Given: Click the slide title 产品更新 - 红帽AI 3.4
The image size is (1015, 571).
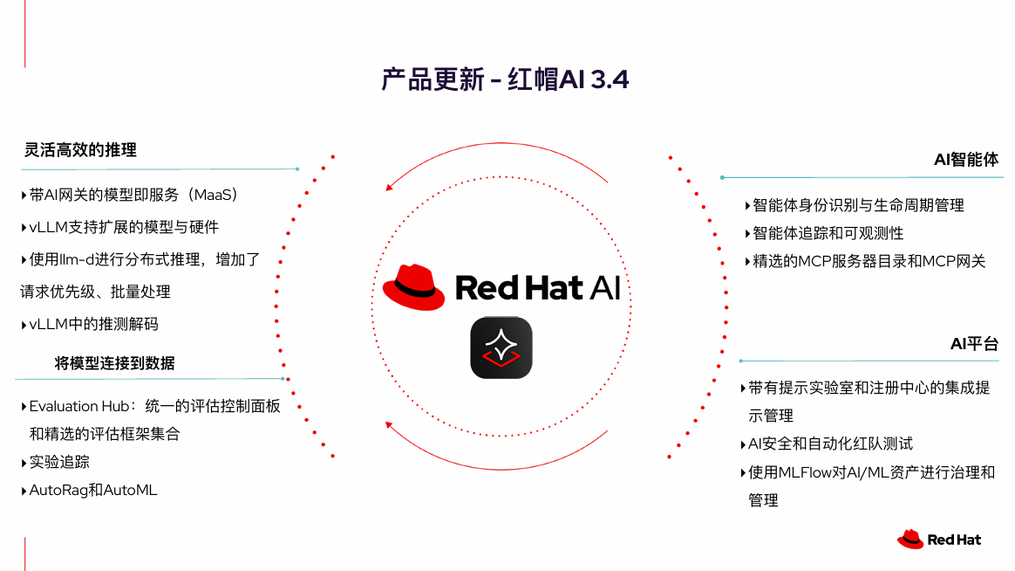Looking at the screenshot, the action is (505, 79).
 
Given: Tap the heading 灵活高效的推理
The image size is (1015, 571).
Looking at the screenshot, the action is (80, 150).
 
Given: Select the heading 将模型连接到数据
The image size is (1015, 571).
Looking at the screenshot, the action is (114, 363).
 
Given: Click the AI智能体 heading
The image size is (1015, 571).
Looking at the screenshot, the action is (966, 160).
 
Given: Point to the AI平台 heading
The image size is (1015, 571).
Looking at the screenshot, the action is (974, 344).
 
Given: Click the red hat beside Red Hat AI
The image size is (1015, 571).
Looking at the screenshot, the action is (413, 287).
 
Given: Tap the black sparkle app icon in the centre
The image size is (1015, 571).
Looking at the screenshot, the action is (501, 347).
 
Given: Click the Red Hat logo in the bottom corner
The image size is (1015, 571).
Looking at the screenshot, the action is (938, 540).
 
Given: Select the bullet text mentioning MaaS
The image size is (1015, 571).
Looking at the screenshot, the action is (133, 195).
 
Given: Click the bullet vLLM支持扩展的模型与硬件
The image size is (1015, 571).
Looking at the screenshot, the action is (124, 227).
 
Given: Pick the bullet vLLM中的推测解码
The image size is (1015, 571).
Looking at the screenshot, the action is (93, 324).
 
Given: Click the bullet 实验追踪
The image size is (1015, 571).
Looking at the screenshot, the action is (59, 462).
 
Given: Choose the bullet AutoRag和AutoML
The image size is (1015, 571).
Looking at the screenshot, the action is (92, 490).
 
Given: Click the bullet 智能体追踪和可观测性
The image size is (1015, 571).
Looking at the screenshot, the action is (828, 233).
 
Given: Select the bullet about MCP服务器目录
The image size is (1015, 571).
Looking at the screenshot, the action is (869, 261).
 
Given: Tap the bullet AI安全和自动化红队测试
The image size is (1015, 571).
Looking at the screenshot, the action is (830, 444).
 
